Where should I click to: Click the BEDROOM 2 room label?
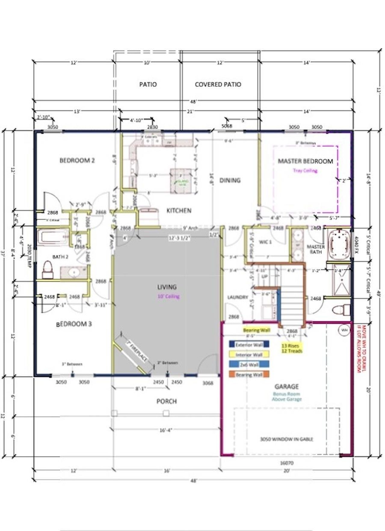(77, 160)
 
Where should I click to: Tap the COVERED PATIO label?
(218, 85)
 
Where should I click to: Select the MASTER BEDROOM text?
(305, 161)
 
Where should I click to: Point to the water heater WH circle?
(344, 331)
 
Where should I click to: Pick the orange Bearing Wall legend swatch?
(249, 375)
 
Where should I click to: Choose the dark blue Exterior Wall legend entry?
(249, 345)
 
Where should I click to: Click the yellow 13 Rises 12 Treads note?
(292, 348)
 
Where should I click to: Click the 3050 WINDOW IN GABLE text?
(286, 439)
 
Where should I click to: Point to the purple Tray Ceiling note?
(305, 171)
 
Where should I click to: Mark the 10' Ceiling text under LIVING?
(168, 297)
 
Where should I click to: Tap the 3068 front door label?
(208, 383)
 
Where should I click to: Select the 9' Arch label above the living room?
(190, 228)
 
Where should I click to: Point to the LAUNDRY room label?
(237, 297)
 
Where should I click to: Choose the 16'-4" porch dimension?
(166, 430)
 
